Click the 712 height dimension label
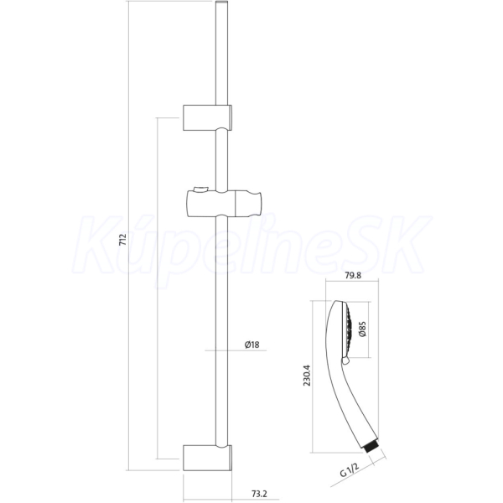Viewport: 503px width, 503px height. click(123, 240)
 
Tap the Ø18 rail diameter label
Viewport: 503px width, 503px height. click(251, 345)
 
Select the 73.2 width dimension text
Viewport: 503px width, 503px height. click(259, 494)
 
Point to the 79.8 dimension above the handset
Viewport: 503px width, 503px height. click(353, 275)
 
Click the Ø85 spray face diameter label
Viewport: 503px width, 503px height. click(363, 329)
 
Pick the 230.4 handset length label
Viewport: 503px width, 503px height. click(307, 376)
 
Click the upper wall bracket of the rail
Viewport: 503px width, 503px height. click(207, 117)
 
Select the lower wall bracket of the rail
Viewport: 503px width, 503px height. click(207, 458)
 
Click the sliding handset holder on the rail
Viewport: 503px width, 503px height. click(224, 203)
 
